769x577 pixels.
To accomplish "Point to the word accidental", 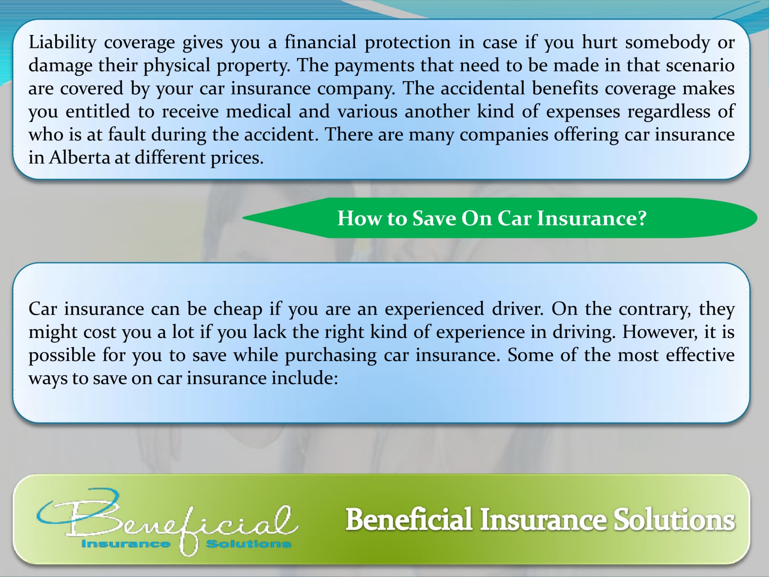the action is [x=483, y=88].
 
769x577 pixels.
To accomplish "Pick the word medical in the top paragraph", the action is [x=258, y=111].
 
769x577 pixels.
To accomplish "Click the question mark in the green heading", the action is [x=642, y=218].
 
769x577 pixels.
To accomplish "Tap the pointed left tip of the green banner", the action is [x=243, y=218].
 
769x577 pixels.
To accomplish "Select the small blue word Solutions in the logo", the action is [x=248, y=544].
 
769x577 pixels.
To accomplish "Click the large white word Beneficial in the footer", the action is [x=409, y=520].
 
